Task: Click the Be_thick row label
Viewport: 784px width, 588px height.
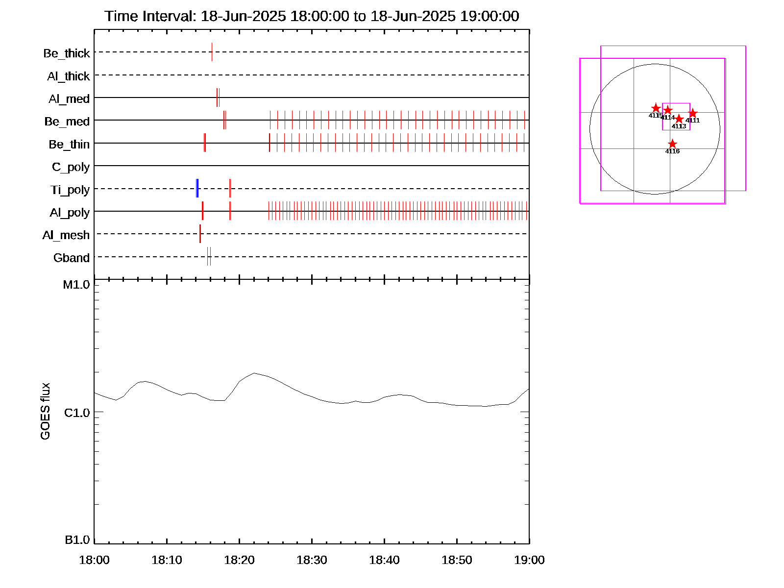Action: pyautogui.click(x=67, y=53)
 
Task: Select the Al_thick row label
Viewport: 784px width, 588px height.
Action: pyautogui.click(x=69, y=76)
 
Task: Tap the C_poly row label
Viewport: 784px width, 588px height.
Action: pyautogui.click(x=71, y=167)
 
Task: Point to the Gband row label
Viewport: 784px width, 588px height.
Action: pyautogui.click(x=72, y=258)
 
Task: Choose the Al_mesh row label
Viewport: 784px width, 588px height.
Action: pyautogui.click(x=66, y=236)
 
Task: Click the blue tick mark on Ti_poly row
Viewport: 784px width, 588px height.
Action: pyautogui.click(x=197, y=189)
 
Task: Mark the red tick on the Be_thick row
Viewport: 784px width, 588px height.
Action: pyautogui.click(x=212, y=52)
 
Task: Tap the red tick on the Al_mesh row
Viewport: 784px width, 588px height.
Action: pyautogui.click(x=200, y=234)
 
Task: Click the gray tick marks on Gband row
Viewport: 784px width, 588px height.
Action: pyautogui.click(x=209, y=256)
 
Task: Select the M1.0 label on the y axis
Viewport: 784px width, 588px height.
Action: pyautogui.click(x=76, y=285)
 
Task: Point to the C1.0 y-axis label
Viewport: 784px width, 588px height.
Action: pyautogui.click(x=77, y=413)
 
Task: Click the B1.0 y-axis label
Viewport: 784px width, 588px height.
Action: pyautogui.click(x=77, y=540)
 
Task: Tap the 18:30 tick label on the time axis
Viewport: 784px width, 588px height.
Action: pyautogui.click(x=312, y=560)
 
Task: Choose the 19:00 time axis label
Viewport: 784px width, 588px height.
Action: pyautogui.click(x=529, y=560)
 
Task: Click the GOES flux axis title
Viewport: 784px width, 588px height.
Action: pyautogui.click(x=45, y=412)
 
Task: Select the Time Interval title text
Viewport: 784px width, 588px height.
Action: pyautogui.click(x=312, y=16)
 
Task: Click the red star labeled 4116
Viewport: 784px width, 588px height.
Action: pyautogui.click(x=672, y=144)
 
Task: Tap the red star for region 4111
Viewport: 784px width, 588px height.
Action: pyautogui.click(x=692, y=114)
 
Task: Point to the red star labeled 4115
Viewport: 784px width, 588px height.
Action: pyautogui.click(x=656, y=108)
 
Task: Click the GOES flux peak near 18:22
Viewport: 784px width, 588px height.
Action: pyautogui.click(x=254, y=373)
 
